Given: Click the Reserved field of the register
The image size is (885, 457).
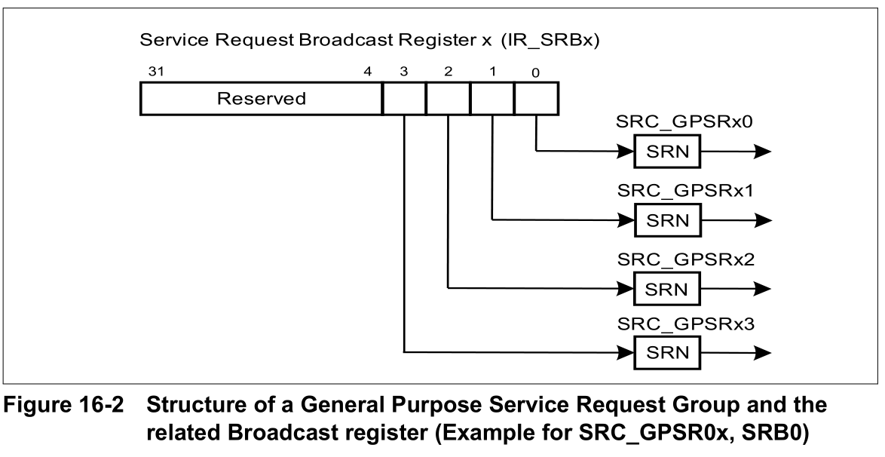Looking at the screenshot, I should click(261, 99).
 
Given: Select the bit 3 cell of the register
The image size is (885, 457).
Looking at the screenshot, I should click(404, 99).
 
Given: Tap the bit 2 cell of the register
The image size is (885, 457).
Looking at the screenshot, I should click(448, 99).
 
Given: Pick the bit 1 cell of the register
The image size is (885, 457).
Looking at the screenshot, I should click(492, 99).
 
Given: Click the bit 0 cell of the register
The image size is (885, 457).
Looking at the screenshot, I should click(536, 99).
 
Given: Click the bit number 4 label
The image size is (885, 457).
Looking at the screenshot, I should click(368, 72).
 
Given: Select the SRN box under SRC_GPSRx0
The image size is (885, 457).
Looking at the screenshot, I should click(667, 152).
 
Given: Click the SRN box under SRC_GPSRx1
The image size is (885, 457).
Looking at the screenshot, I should click(667, 219).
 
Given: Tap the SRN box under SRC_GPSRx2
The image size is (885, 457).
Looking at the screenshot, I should click(667, 287).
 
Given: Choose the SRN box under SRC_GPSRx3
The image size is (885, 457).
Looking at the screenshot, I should click(667, 351).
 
